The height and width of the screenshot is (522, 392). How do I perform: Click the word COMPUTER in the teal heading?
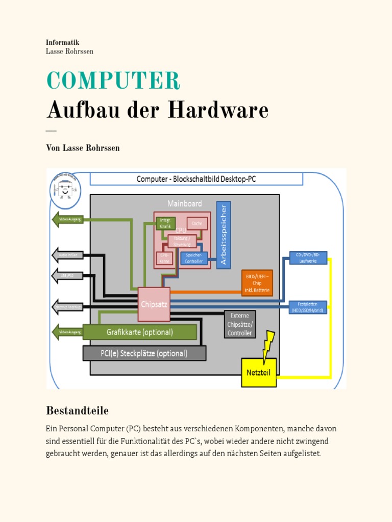[113, 81]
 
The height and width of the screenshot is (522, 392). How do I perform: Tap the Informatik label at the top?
[62, 43]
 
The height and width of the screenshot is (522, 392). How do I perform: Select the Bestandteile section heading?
[77, 410]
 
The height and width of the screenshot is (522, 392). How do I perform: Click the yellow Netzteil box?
[258, 372]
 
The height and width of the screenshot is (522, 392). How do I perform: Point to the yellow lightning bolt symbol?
[267, 344]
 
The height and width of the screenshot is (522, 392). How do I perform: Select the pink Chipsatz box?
[154, 304]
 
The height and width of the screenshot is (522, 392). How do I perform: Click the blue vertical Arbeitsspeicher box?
[224, 234]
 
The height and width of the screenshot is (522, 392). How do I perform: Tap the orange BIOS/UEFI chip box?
[257, 283]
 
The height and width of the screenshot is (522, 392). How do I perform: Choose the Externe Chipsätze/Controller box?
[240, 324]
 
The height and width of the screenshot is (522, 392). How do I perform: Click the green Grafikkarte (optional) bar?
[140, 332]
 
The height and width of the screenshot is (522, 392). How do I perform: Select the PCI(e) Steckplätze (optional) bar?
[144, 353]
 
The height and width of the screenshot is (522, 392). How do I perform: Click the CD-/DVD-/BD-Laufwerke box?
[308, 257]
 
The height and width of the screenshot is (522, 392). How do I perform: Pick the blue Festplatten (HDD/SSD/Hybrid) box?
[308, 307]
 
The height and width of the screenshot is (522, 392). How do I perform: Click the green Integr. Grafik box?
[165, 223]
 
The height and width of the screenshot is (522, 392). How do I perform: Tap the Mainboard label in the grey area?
[184, 203]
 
